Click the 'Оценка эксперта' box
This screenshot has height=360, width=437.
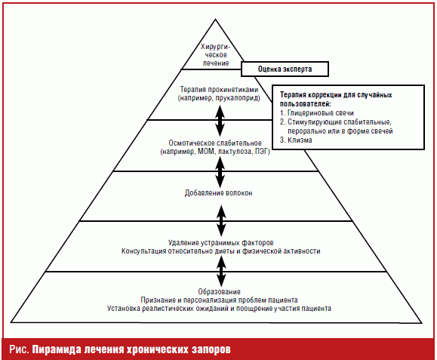(285, 69)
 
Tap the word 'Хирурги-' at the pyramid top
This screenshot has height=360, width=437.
(215, 47)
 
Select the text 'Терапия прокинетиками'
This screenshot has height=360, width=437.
(219, 90)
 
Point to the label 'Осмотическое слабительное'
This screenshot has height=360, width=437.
(215, 143)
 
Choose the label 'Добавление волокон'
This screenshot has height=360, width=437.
(219, 192)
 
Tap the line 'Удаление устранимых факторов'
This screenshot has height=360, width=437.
(220, 243)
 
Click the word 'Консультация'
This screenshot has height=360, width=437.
(144, 251)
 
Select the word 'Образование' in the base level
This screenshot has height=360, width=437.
(219, 292)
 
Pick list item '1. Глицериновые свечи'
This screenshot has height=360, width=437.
(317, 113)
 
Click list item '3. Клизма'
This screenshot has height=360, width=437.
(296, 140)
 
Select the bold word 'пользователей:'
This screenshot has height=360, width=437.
(306, 104)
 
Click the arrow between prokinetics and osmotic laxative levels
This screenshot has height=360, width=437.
(220, 121)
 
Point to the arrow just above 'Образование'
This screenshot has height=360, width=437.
(222, 271)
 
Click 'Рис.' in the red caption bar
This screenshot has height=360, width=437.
(19, 349)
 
